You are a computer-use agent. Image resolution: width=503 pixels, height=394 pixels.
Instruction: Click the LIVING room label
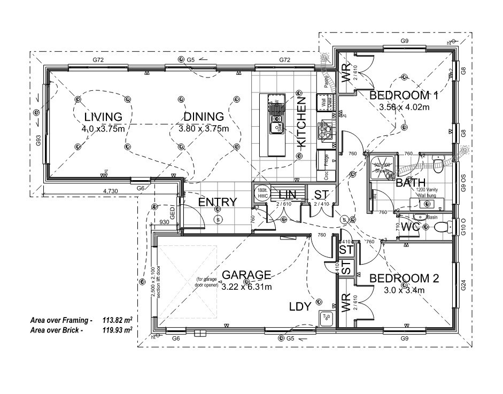coord(103,117)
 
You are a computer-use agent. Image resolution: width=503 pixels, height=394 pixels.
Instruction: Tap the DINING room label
coord(203,117)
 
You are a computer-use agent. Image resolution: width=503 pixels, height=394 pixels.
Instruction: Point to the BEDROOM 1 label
coord(404,96)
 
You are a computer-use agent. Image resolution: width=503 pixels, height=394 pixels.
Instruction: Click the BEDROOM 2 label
coord(404,279)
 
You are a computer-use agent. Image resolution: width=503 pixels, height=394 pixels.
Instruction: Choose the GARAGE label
coord(246,275)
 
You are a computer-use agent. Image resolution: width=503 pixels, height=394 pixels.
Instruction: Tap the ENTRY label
coord(217,202)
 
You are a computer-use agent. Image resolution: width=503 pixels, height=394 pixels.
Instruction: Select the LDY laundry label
coord(300,306)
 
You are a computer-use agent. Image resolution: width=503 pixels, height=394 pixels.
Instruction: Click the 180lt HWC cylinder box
coord(261,192)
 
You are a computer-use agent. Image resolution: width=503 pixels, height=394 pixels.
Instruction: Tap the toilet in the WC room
coord(442,228)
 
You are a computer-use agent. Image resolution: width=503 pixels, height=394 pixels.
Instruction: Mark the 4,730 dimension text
coord(110,190)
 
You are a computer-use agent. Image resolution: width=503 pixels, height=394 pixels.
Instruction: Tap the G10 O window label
coord(463,228)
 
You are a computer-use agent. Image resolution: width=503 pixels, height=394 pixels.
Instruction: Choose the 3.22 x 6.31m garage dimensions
coord(246,287)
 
